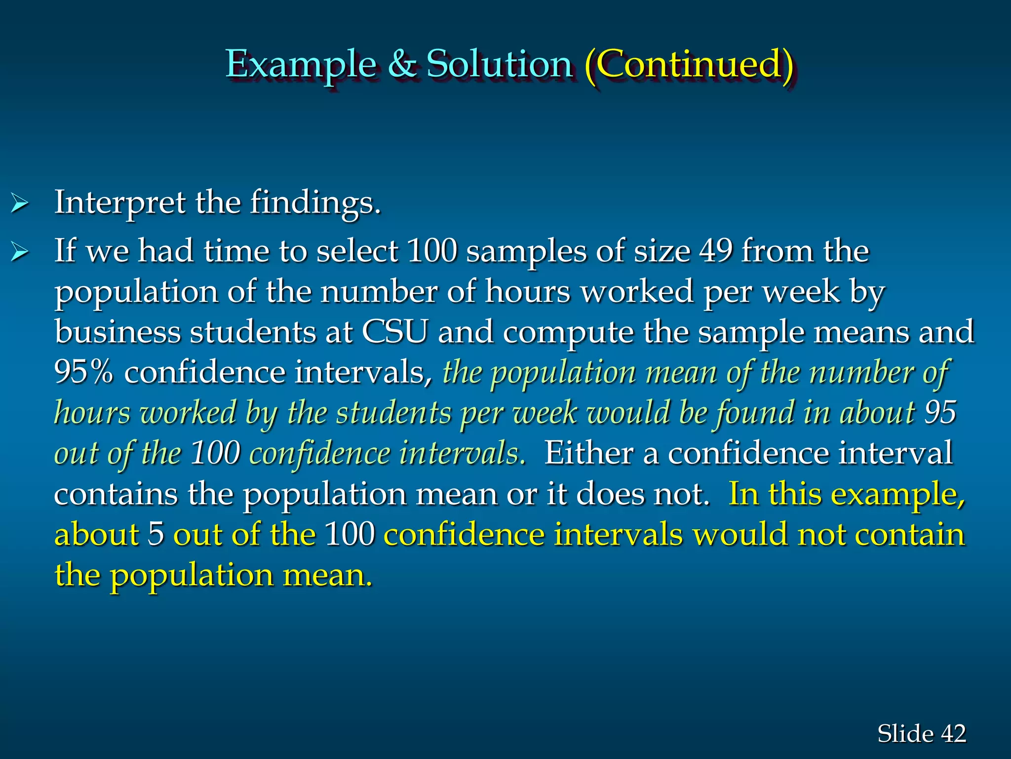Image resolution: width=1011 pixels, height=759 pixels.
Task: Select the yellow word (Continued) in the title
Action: [x=689, y=64]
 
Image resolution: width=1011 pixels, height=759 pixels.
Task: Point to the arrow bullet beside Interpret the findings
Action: [x=19, y=204]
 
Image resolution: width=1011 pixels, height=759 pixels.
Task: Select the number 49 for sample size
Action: [x=715, y=251]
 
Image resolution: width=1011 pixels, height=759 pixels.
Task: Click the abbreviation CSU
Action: [x=394, y=332]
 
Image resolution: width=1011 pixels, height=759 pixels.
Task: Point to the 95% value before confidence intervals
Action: [x=83, y=372]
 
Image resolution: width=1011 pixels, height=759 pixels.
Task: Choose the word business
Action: [x=117, y=332]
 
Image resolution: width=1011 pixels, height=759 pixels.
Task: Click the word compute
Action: [x=568, y=333]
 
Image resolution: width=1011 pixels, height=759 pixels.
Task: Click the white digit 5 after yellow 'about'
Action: [x=156, y=534]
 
